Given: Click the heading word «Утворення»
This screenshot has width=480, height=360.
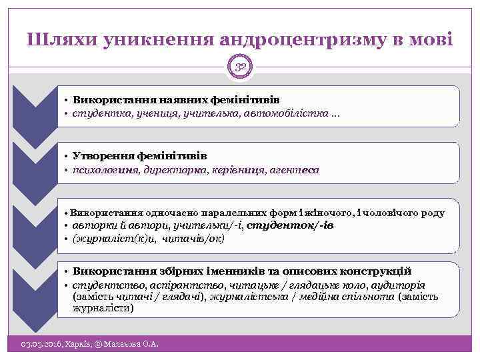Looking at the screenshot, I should (102, 155).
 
